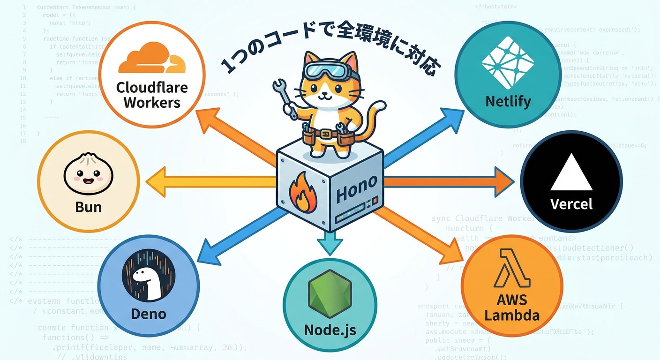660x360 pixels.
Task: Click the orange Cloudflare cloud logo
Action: (151, 58)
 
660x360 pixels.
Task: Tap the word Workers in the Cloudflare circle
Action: (151, 103)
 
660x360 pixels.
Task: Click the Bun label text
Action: (89, 206)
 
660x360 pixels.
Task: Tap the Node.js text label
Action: (330, 330)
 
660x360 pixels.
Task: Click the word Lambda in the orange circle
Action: (512, 315)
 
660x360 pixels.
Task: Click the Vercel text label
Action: (571, 204)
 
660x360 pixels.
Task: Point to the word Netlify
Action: (508, 101)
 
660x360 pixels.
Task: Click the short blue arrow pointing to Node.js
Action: (329, 243)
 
